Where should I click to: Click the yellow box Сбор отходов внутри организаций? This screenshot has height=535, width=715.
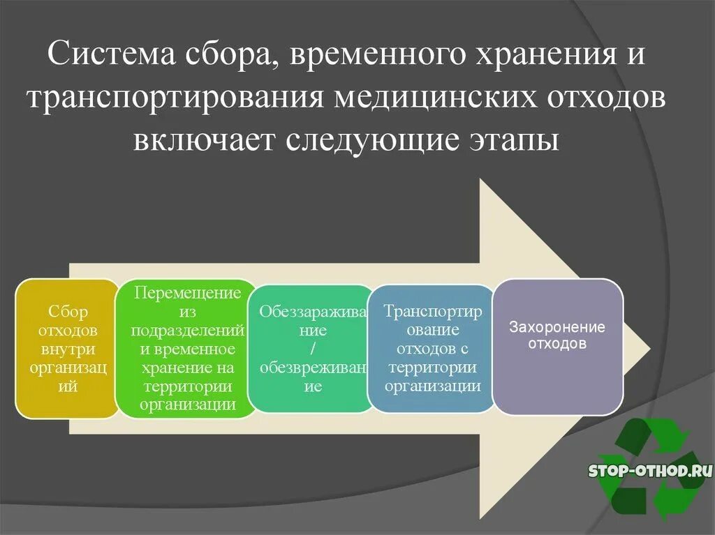[68, 349]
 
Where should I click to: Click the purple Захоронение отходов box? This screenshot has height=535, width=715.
[557, 347]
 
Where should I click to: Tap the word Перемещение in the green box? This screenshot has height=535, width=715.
[187, 292]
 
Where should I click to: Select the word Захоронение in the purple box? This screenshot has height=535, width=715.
[556, 327]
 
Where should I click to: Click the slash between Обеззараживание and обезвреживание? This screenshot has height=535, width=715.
[312, 349]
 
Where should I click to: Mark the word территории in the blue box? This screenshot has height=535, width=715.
[432, 368]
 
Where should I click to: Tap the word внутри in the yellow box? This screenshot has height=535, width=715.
[68, 349]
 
